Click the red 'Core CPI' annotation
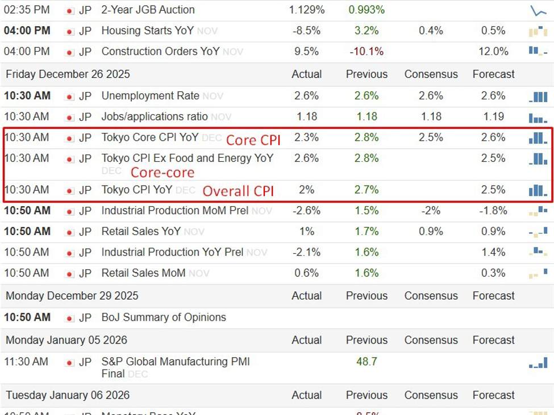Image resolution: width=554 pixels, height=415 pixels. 253,140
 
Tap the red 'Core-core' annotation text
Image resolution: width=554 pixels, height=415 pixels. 163,173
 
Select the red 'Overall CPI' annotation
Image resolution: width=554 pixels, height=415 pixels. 238,191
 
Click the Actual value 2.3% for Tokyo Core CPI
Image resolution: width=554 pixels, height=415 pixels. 306,137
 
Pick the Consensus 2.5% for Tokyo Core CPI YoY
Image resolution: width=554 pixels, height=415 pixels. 431,137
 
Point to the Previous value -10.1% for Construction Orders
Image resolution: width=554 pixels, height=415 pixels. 366,52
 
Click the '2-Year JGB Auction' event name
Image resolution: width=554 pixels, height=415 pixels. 148,10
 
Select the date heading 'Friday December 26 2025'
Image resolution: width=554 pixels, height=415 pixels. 68,74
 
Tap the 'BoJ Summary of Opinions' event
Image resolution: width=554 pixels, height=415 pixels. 164,317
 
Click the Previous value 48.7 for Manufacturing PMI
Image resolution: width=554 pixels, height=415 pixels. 366,362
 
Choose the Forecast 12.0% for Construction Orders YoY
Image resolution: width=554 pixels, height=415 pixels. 493,52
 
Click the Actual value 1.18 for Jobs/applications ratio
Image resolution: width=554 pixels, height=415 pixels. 306,117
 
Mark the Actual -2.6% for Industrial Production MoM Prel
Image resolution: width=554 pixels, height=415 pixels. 306,211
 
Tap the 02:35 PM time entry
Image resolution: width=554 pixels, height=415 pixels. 27,10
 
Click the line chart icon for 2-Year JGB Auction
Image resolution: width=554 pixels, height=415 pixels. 538,10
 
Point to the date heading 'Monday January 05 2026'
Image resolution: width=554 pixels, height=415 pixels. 66,341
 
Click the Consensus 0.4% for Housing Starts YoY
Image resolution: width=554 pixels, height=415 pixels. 431,31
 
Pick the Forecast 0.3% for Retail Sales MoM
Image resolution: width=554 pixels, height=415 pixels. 493,273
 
